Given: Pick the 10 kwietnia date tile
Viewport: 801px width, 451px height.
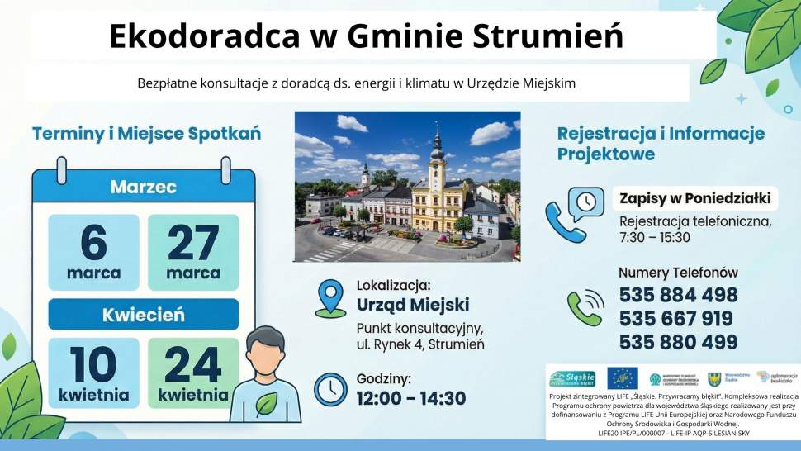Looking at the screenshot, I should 93,373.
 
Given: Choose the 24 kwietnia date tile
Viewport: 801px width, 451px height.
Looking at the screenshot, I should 192,373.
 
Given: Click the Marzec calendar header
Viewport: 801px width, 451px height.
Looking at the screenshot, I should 143,187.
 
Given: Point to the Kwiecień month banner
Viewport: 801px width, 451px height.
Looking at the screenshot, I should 143,315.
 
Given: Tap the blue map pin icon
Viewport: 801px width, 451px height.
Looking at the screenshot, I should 330,298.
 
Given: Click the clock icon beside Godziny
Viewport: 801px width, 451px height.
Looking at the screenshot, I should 330,389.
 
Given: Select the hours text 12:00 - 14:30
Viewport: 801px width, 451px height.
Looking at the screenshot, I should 411,399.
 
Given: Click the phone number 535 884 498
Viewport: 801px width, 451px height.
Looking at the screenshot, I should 678,296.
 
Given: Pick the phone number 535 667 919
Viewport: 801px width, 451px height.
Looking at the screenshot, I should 676,319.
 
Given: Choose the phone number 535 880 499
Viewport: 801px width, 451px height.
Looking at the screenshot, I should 678,342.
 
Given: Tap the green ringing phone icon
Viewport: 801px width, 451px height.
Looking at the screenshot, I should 585,307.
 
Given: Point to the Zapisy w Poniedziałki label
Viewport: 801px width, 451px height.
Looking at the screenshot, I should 694,198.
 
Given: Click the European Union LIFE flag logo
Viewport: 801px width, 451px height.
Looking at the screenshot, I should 622,378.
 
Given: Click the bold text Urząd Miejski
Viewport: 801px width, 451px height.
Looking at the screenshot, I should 412,304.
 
